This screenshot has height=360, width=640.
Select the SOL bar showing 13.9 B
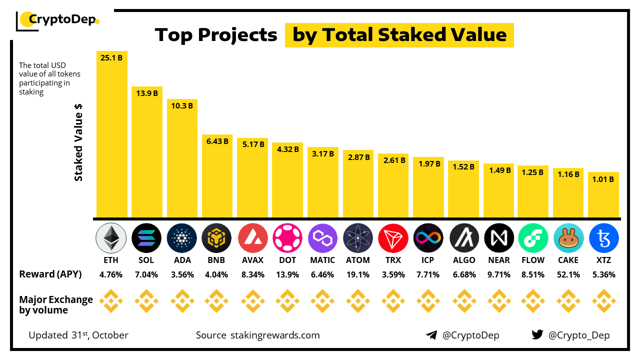pyautogui.click(x=147, y=152)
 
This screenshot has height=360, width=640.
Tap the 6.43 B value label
pyautogui.click(x=217, y=141)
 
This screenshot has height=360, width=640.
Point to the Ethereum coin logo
pyautogui.click(x=111, y=237)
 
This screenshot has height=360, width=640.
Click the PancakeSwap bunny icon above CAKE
pyautogui.click(x=568, y=237)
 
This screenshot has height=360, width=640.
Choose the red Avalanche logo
pyautogui.click(x=253, y=237)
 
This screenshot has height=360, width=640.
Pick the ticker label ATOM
pyautogui.click(x=358, y=260)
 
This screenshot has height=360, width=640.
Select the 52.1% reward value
pyautogui.click(x=568, y=274)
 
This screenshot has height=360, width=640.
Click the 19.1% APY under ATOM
pyautogui.click(x=358, y=274)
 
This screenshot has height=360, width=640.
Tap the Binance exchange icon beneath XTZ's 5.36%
pyautogui.click(x=603, y=301)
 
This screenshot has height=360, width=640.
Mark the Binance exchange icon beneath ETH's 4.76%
pyautogui.click(x=111, y=301)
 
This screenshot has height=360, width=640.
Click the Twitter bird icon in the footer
pyautogui.click(x=537, y=335)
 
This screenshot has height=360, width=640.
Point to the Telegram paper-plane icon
pyautogui.click(x=431, y=335)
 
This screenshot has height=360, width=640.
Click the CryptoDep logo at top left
pyautogui.click(x=58, y=20)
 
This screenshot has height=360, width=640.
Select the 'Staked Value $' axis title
pyautogui.click(x=78, y=145)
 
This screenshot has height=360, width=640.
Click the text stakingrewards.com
pyautogui.click(x=275, y=335)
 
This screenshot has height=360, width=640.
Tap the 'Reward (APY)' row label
pyautogui.click(x=50, y=274)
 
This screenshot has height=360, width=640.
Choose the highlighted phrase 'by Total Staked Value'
pyautogui.click(x=399, y=35)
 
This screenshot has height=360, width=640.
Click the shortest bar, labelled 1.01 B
pyautogui.click(x=603, y=195)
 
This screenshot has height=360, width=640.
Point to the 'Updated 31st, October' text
pyautogui.click(x=78, y=335)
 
